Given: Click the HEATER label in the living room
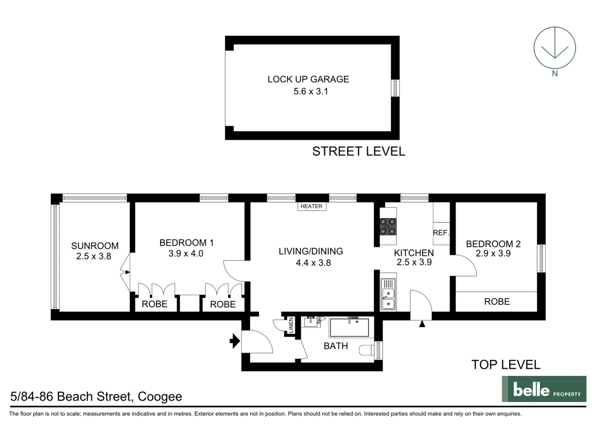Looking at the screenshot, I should click(x=311, y=206).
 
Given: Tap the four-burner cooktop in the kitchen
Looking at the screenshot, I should click(x=388, y=226).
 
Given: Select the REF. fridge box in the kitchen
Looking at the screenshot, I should click(x=441, y=233).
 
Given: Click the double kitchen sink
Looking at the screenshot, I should click(x=388, y=294).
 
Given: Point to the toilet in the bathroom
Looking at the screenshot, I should click(x=367, y=350).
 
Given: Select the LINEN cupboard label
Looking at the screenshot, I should click(x=291, y=325).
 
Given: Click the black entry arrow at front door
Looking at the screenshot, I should click(x=235, y=341).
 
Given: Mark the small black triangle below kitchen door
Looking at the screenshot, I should click(x=422, y=324).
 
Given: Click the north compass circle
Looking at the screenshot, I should click(x=554, y=47).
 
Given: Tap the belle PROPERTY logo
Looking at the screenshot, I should click(x=544, y=389).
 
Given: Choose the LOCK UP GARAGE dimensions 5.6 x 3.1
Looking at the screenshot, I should click(x=311, y=91).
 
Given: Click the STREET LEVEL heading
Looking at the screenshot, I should click(x=358, y=151).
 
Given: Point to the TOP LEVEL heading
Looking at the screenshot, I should click(x=506, y=365).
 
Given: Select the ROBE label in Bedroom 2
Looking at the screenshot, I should click(x=497, y=302).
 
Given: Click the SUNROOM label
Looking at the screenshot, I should click(x=95, y=246).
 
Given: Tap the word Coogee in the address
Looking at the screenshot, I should click(x=160, y=397).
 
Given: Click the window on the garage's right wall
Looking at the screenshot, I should click(x=395, y=88).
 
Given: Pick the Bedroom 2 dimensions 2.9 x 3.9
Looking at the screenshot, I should click(x=493, y=253).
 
